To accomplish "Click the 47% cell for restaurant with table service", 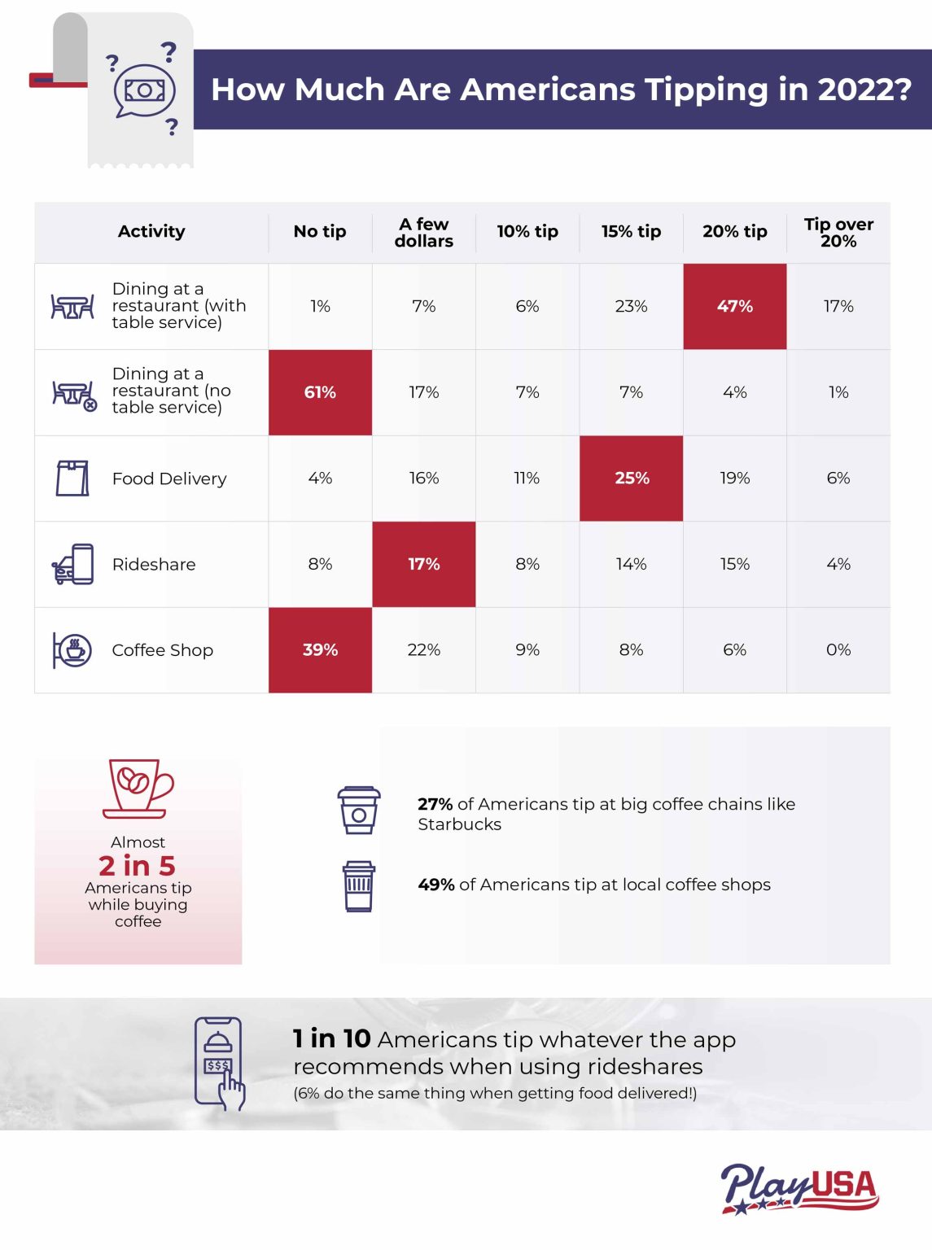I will [734, 306].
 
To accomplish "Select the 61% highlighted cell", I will [320, 392].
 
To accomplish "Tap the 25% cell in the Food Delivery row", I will [631, 478].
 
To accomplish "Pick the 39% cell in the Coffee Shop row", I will [320, 649].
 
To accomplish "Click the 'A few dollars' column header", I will [423, 233].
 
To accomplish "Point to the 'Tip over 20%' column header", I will [838, 233].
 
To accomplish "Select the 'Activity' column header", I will [151, 232].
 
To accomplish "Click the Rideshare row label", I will [154, 564].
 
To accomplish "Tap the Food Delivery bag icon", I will [72, 478].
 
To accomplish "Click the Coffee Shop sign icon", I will [72, 649].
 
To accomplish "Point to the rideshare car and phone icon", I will [72, 564].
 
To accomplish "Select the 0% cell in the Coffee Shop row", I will [838, 649].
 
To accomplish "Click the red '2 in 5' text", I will [137, 865].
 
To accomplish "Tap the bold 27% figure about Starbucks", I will [435, 804].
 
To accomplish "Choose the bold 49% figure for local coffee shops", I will [435, 885].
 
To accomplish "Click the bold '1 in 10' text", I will [331, 1038].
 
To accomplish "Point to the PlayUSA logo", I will [799, 1189].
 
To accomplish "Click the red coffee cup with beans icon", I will [138, 788].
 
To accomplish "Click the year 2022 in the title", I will [864, 90].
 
